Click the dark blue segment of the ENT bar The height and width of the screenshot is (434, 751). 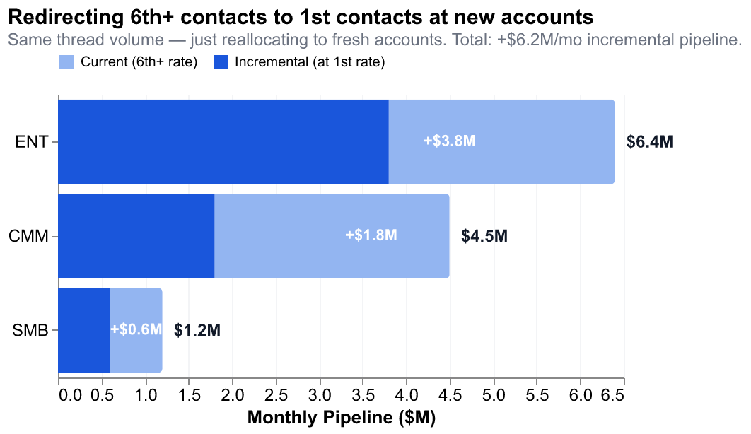[x=223, y=142]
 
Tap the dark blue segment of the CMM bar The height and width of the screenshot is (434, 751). [x=136, y=236]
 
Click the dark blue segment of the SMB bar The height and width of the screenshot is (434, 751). [x=83, y=330]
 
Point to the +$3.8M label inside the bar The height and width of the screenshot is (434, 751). [x=449, y=141]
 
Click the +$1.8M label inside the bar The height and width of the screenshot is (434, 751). [x=371, y=235]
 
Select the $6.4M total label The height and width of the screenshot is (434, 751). [x=650, y=142]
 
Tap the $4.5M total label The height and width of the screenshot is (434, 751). [x=484, y=236]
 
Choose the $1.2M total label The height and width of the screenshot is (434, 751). [x=197, y=330]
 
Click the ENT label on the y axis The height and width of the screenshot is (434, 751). [x=32, y=142]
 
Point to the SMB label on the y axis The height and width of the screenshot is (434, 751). [x=30, y=330]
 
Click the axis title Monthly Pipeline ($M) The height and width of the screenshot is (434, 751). [x=341, y=418]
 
